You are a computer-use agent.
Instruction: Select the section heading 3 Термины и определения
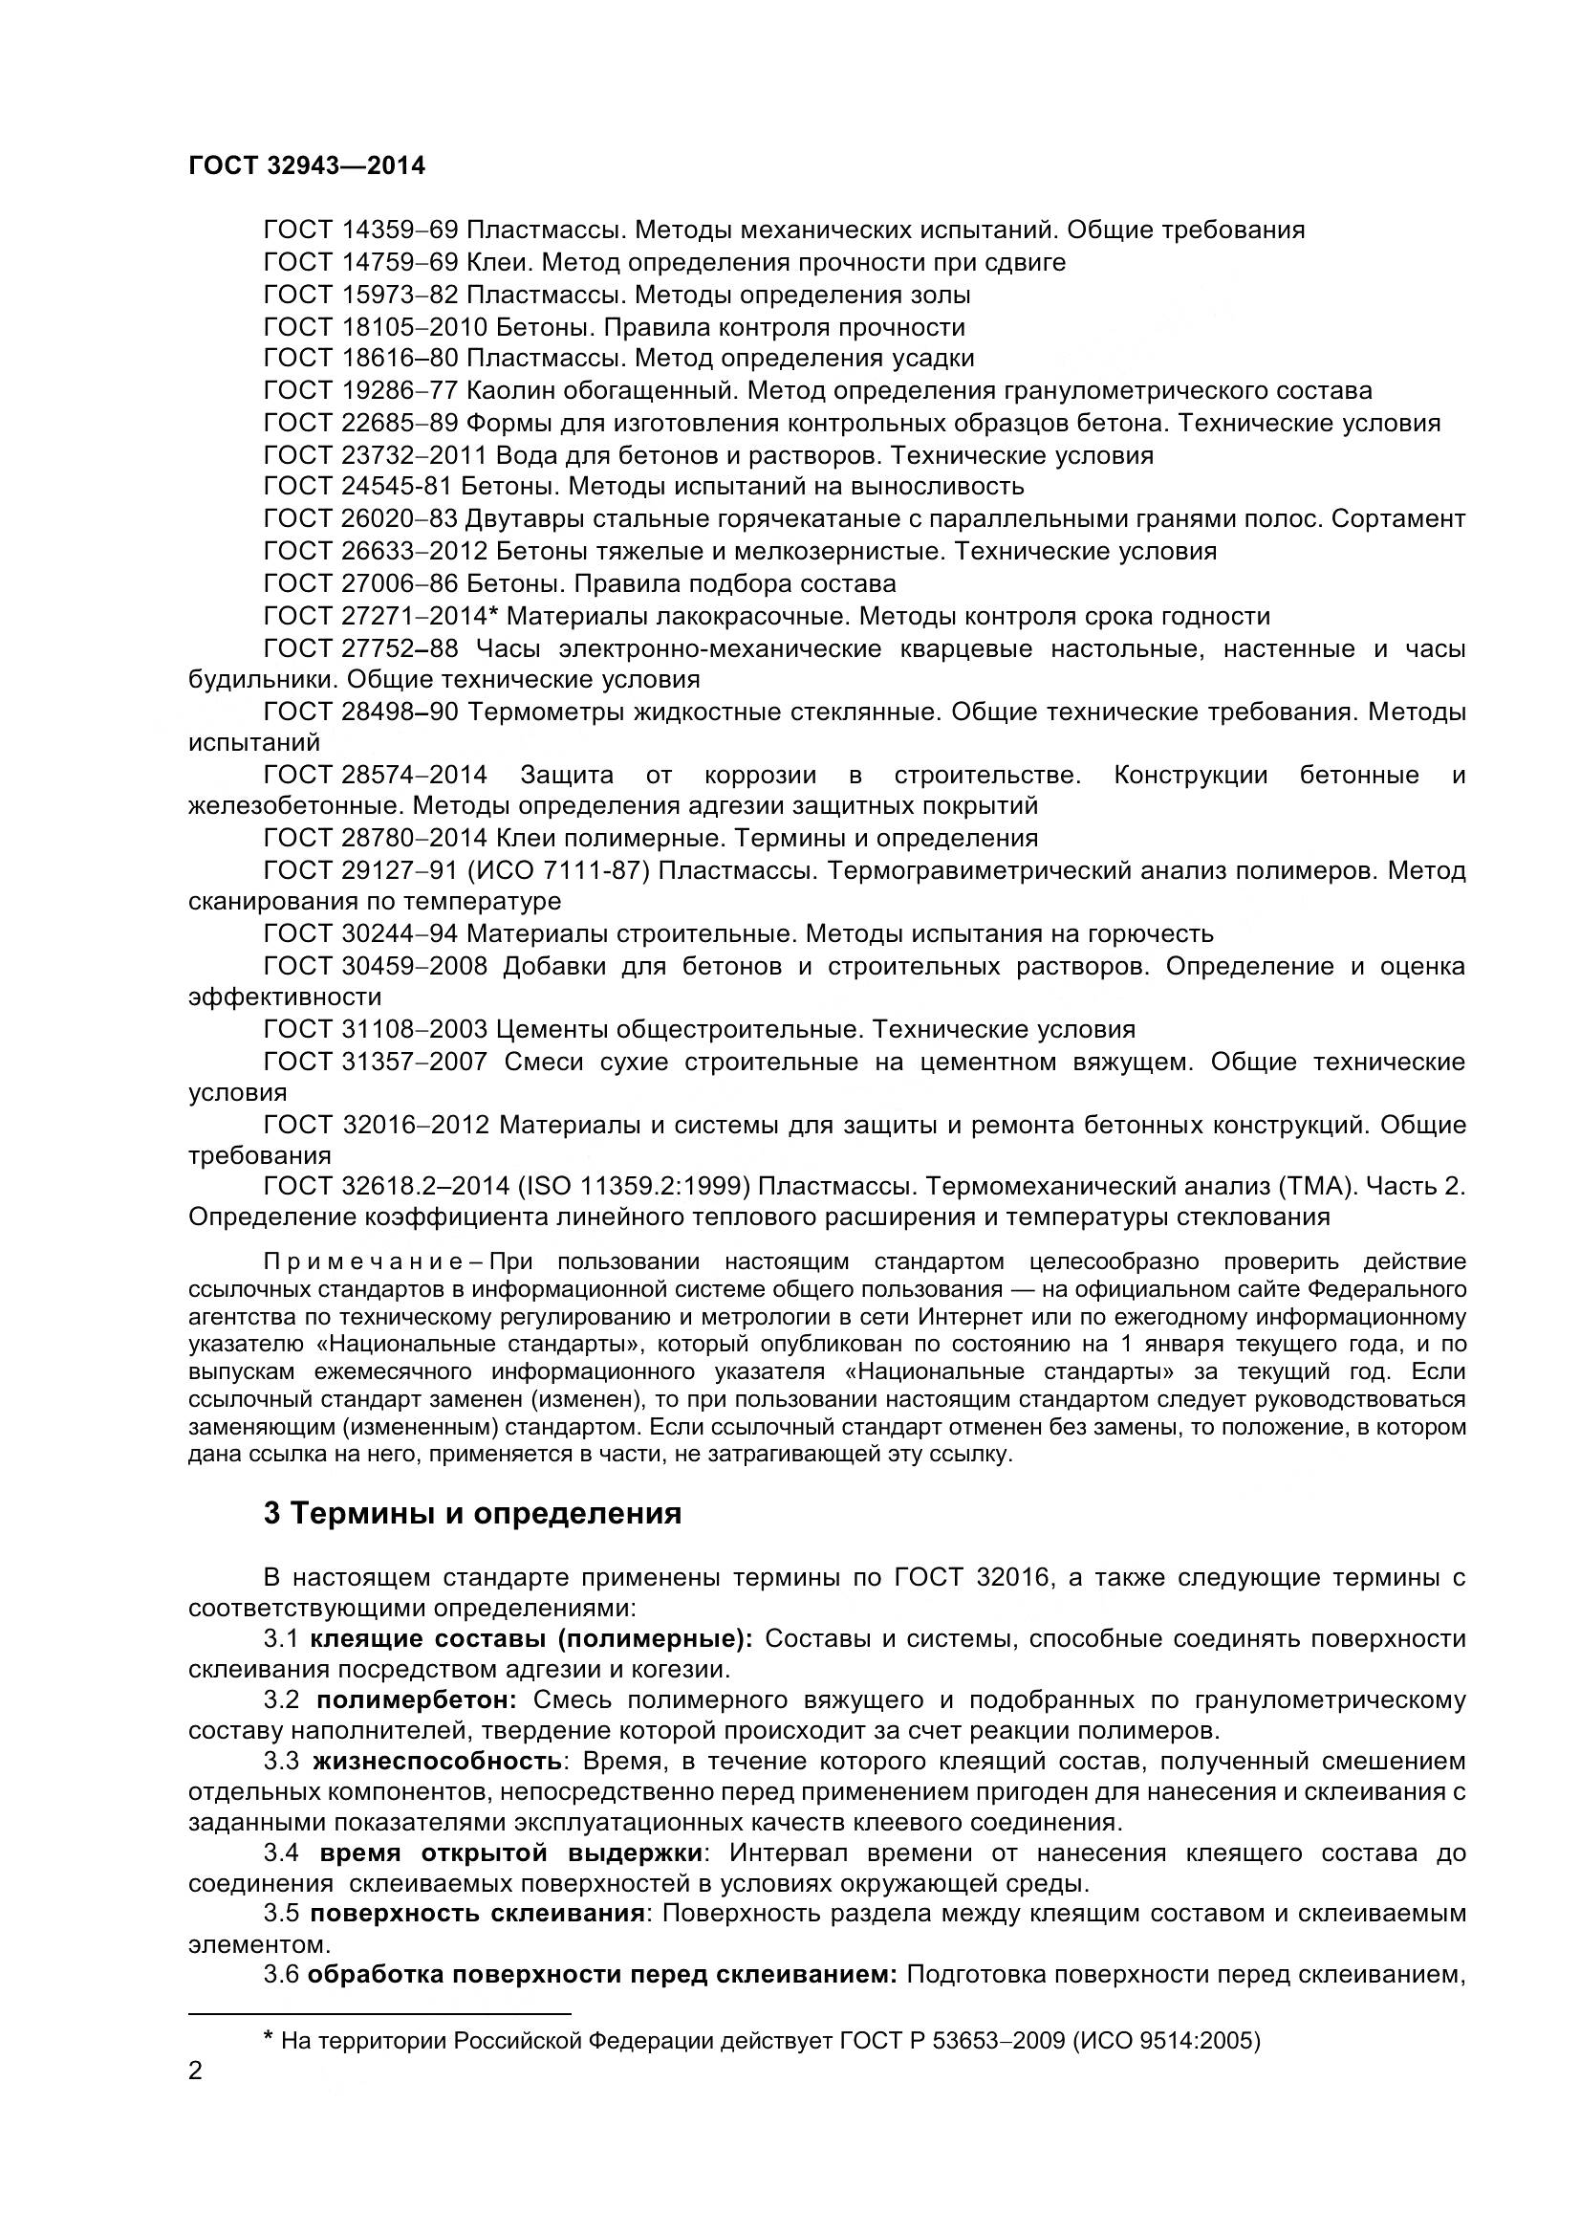472,1514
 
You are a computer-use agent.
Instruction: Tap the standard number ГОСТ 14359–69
360,230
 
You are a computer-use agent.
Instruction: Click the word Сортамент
1398,520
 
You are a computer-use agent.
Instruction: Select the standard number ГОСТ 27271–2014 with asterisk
381,617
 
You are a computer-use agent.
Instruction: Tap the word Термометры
545,712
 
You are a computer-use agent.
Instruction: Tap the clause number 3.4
282,1853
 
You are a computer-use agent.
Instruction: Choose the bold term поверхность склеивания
477,1914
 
